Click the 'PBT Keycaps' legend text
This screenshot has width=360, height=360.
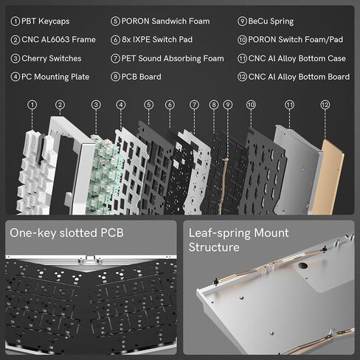(x=46, y=21)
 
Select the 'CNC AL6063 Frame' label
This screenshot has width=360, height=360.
(x=58, y=40)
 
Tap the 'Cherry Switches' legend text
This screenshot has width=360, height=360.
(x=52, y=58)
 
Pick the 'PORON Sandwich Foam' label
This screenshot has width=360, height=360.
(x=165, y=21)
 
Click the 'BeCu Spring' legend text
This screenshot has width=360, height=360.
(x=271, y=21)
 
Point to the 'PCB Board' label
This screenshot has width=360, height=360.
(x=142, y=77)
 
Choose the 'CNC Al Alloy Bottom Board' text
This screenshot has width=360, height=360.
(x=299, y=77)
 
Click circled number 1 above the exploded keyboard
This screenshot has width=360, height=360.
(x=32, y=105)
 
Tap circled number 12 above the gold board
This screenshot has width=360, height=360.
(x=325, y=105)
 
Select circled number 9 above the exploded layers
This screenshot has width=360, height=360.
(x=228, y=105)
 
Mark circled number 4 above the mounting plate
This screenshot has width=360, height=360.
(x=121, y=105)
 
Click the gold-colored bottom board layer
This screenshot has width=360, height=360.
(x=328, y=178)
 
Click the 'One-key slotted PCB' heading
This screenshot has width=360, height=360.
(x=66, y=233)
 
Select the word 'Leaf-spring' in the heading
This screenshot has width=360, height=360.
(x=219, y=233)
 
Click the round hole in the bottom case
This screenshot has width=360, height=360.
(x=302, y=266)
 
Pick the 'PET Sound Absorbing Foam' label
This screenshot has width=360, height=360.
(x=173, y=58)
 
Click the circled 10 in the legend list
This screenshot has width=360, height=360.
(x=242, y=40)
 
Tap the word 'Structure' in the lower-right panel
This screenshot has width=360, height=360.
(x=214, y=247)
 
